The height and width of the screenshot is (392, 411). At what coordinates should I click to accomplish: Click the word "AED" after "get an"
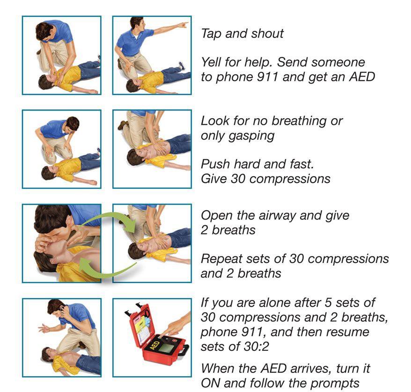(362, 77)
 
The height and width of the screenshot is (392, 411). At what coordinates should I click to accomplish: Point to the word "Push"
(216, 164)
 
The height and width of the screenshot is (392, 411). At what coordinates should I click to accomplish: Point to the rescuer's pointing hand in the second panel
(183, 25)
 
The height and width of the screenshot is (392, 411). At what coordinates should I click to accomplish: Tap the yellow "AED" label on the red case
(154, 345)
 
